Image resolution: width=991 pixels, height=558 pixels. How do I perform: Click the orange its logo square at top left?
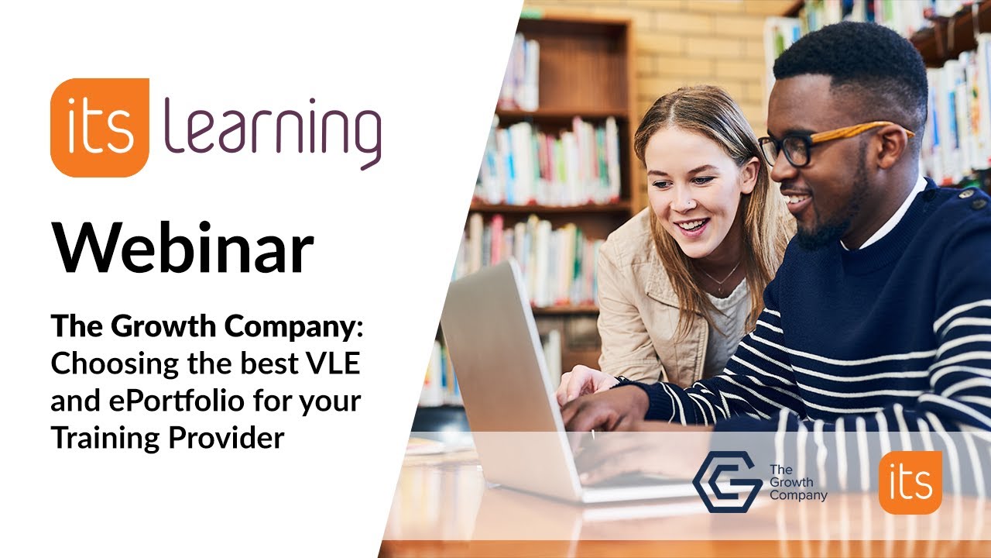coord(99,128)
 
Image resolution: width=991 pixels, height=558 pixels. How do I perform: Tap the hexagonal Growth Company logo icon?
coord(725,482)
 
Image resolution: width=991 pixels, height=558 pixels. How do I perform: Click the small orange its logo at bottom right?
coord(910,483)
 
